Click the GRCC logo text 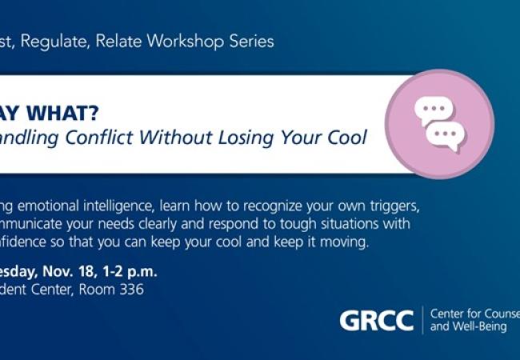coord(376,320)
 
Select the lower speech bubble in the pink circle coord(446,135)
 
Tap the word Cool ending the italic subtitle coord(346,137)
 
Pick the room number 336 coord(130,290)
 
